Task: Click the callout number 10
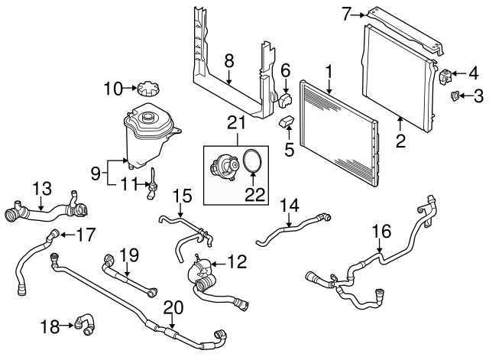tap(112, 89)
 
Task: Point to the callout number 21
tap(236, 122)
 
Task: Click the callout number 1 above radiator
tap(329, 73)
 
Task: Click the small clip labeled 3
tap(454, 96)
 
